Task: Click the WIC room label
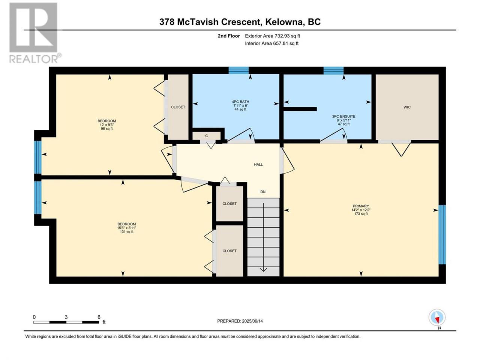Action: click(407, 107)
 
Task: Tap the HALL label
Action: click(258, 164)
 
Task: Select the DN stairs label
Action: click(263, 192)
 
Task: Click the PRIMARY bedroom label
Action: click(361, 206)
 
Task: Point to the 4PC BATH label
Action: click(240, 102)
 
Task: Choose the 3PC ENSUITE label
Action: click(343, 117)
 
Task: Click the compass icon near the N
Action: click(437, 317)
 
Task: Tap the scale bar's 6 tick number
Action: click(99, 317)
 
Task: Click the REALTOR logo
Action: click(35, 33)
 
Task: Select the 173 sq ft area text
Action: click(361, 213)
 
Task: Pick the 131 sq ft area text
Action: click(127, 232)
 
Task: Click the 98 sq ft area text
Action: click(107, 129)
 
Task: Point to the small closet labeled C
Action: click(206, 136)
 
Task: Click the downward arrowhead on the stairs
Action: click(264, 270)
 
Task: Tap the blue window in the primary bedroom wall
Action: click(442, 234)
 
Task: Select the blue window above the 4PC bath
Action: click(238, 70)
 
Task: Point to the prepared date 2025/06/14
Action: click(252, 321)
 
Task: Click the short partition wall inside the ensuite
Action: click(300, 109)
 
